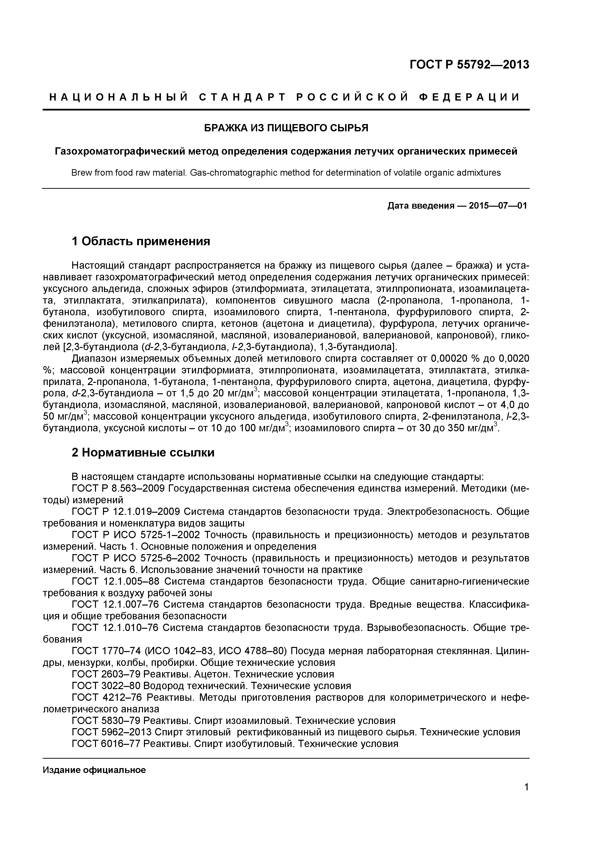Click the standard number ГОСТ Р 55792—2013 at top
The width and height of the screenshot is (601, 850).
[x=469, y=65]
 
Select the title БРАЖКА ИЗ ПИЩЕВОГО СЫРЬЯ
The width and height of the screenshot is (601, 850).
[x=286, y=128]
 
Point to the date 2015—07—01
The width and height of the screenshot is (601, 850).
[x=497, y=205]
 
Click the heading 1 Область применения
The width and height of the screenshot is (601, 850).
[x=141, y=241]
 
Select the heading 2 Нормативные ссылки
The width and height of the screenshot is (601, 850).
[x=143, y=452]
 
